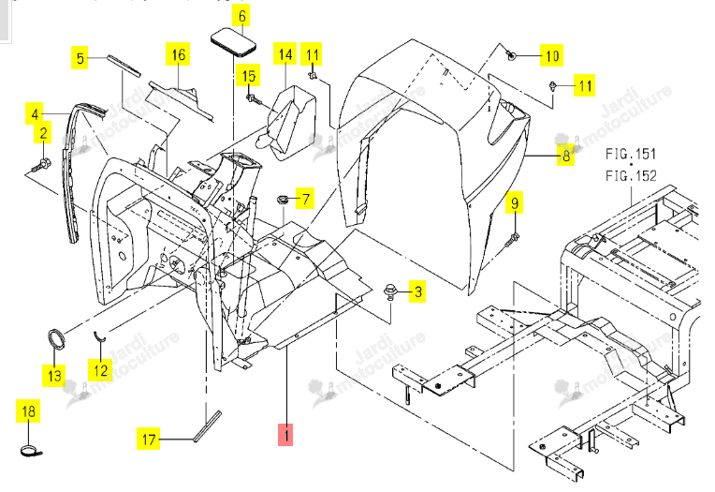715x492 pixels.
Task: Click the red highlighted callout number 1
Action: coord(285,434)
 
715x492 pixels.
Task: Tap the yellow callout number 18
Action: coord(28,410)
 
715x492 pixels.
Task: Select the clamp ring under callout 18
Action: coord(31,452)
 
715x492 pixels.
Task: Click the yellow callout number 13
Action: coord(54,376)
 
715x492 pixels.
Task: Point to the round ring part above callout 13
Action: coord(56,339)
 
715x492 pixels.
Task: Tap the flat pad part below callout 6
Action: coord(233,42)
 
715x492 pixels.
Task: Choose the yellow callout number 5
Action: coord(80,58)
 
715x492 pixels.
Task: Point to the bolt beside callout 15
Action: coord(252,98)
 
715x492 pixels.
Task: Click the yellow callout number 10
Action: coord(552,55)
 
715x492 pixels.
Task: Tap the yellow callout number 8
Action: coord(566,157)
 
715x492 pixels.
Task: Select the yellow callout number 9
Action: coord(515,202)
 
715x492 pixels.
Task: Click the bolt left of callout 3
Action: coord(390,291)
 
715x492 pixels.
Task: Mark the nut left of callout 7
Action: coord(283,200)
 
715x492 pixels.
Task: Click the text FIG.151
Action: coord(631,154)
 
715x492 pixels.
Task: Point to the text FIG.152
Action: coord(631,175)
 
